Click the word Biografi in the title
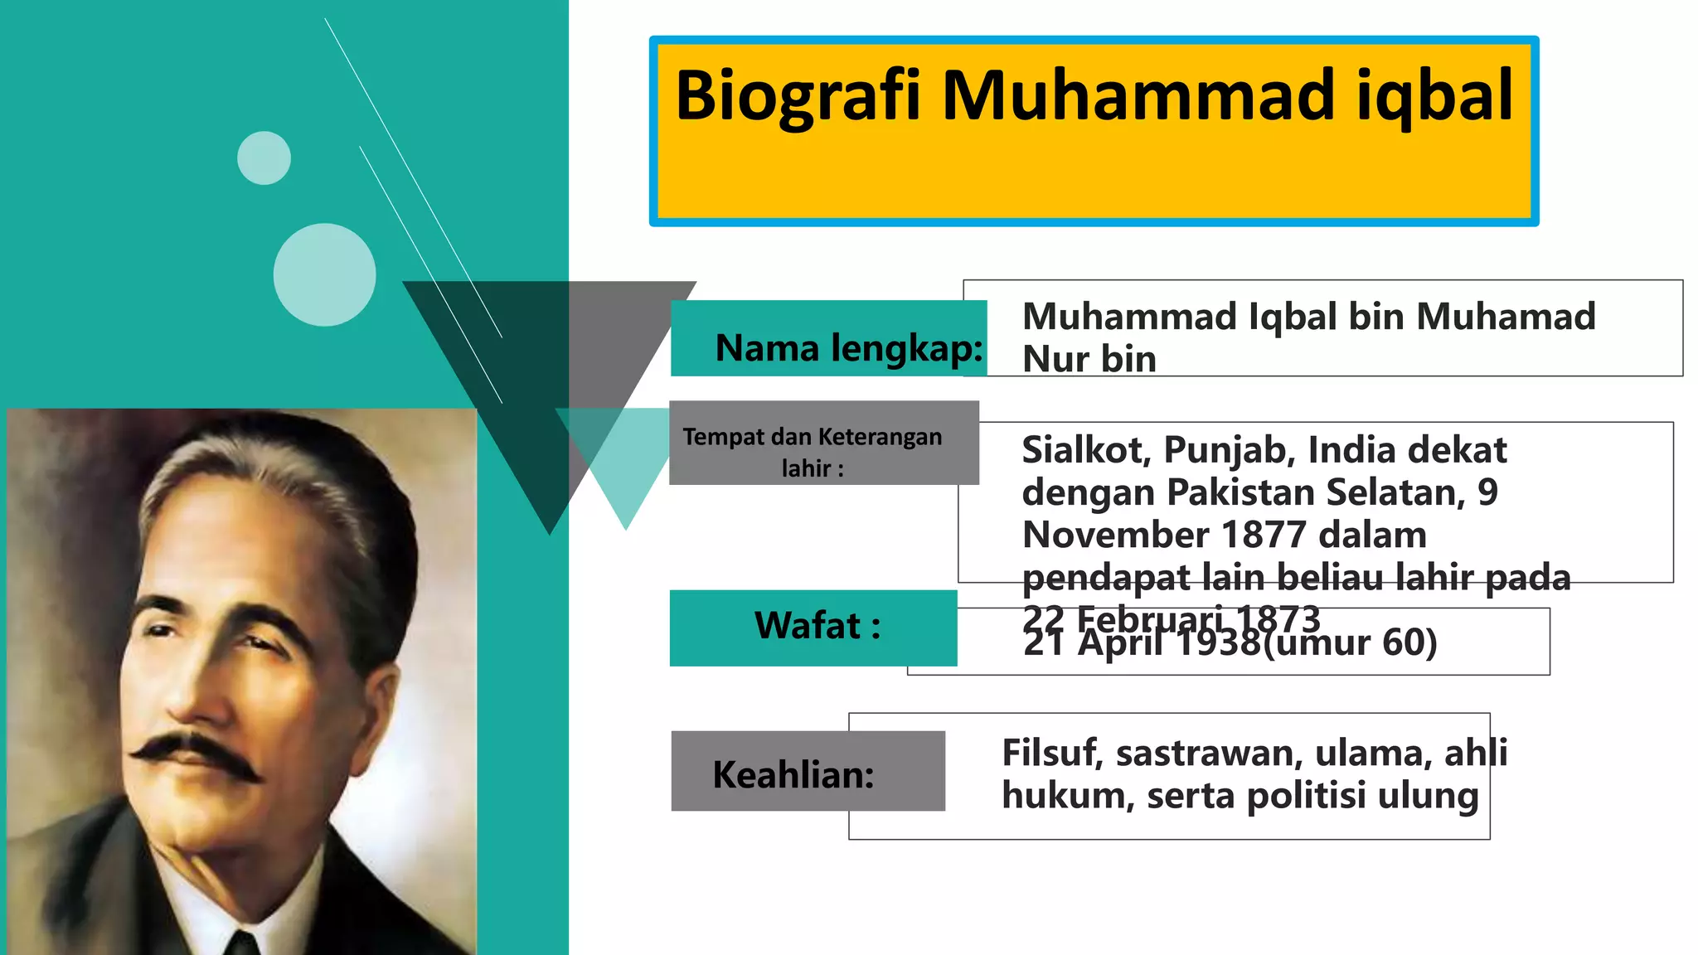[x=798, y=97]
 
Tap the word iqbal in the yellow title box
[x=1434, y=97]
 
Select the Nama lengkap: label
[x=848, y=347]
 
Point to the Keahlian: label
[x=793, y=774]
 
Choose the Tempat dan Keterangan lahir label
[x=813, y=452]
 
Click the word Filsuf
[x=1050, y=753]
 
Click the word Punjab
[x=1229, y=450]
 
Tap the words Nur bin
[x=1089, y=359]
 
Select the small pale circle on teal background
[x=264, y=158]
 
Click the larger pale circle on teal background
[x=324, y=274]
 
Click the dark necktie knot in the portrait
[x=242, y=943]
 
